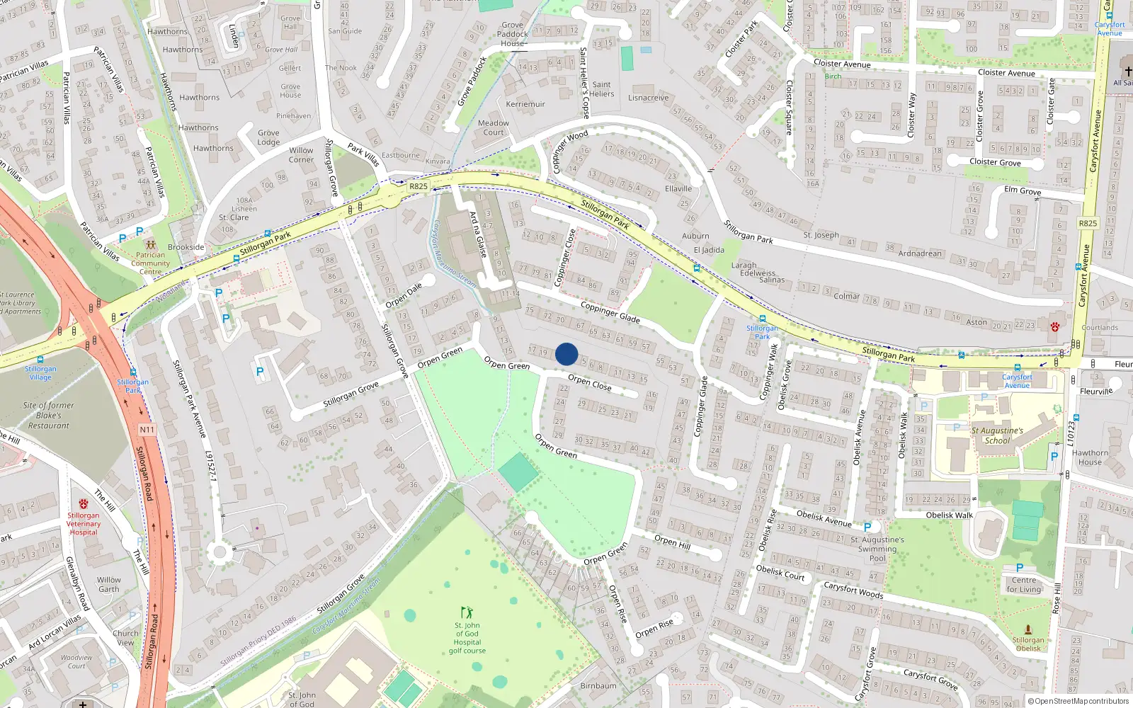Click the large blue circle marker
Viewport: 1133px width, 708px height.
566,354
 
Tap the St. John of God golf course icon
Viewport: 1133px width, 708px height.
467,612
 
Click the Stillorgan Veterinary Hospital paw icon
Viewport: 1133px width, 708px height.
84,504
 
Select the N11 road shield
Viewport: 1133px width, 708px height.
147,430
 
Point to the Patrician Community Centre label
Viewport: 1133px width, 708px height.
150,263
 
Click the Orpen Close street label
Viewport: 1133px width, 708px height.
589,383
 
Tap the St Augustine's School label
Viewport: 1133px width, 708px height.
997,435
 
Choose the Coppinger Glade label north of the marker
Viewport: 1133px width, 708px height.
610,312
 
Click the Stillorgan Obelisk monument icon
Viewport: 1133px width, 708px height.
1028,629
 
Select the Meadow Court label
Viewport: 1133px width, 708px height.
494,127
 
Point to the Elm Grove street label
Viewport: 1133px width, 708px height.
1023,190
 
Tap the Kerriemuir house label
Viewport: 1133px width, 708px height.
525,104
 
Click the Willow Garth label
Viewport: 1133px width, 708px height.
109,584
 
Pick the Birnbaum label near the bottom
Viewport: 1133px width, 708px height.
598,685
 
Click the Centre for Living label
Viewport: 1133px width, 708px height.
1024,585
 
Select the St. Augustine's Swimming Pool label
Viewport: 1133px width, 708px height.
877,549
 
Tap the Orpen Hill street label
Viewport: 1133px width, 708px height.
672,542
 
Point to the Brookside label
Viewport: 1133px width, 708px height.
186,247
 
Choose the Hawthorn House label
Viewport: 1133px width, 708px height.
1090,457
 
